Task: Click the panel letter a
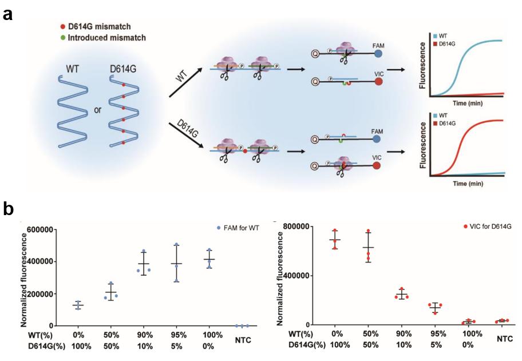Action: point(8,14)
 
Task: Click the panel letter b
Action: point(9,209)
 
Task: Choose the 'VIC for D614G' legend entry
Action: point(487,227)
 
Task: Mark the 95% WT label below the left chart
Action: point(177,332)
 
